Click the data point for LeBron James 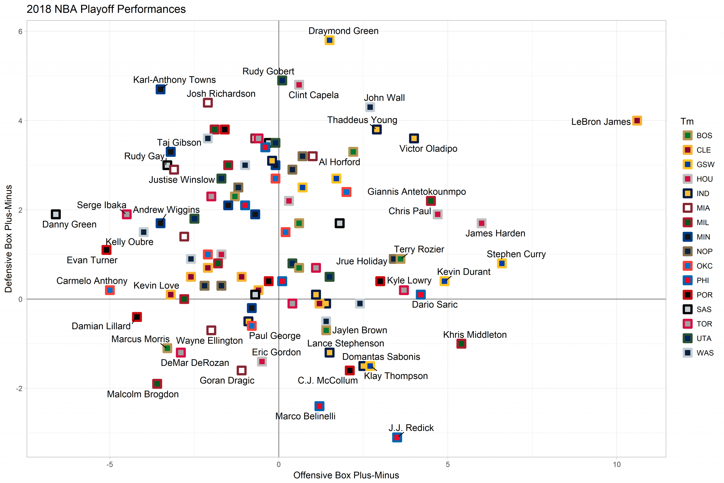point(637,121)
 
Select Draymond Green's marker point(329,40)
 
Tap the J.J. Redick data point point(397,437)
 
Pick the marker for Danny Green point(56,214)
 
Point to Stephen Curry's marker point(502,263)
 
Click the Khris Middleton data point point(461,344)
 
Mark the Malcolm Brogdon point point(157,384)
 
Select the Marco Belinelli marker point(320,406)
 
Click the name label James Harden point(495,233)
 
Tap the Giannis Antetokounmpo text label point(417,192)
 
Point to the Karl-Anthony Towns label point(174,80)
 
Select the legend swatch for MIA point(687,208)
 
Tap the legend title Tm point(687,121)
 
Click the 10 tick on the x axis point(617,465)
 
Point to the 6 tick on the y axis point(20,31)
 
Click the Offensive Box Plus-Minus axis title point(346,475)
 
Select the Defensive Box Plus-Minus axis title point(8,239)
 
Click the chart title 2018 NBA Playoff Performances point(106,9)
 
